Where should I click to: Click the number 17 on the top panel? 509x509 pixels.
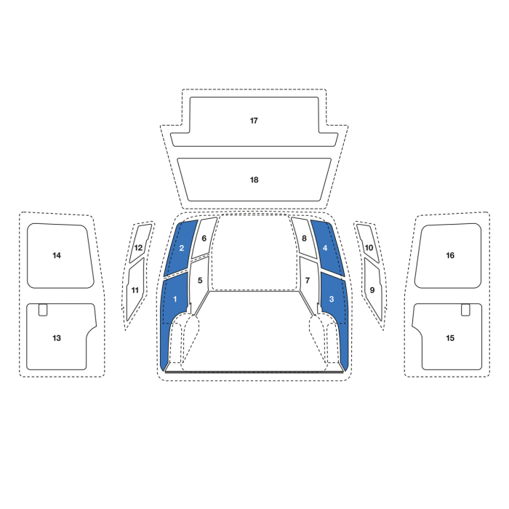[254, 121]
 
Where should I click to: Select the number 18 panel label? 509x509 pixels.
[254, 180]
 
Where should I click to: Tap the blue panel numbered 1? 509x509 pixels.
[175, 299]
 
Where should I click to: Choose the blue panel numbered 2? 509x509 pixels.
[182, 248]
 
